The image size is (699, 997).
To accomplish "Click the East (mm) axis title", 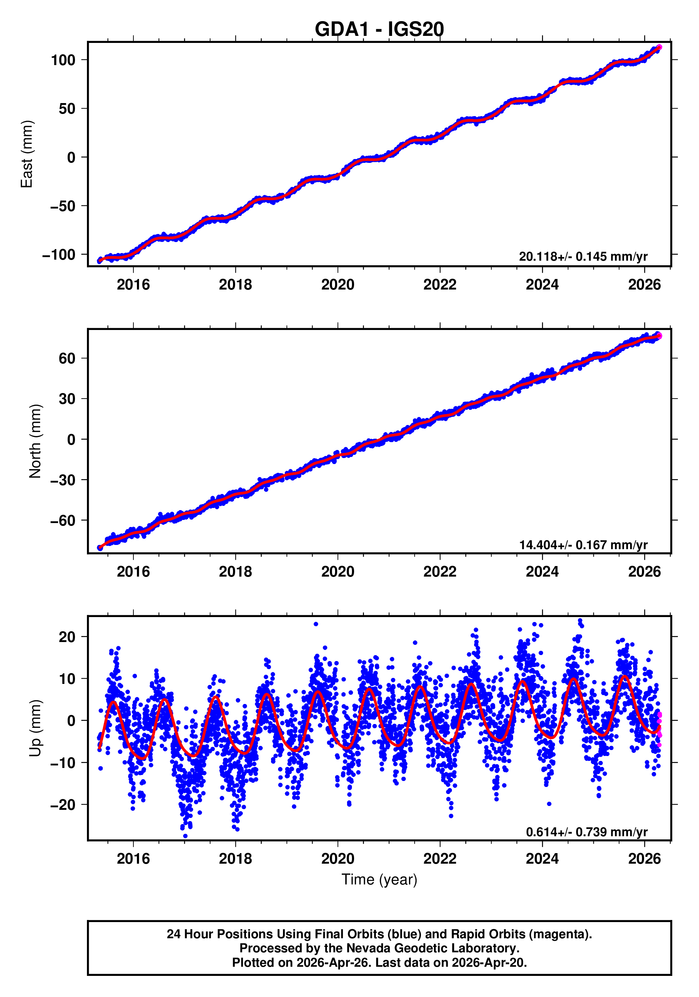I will pyautogui.click(x=27, y=154).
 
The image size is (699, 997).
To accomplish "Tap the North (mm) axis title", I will pyautogui.click(x=35, y=441).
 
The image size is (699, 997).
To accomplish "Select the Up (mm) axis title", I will pyautogui.click(x=35, y=728).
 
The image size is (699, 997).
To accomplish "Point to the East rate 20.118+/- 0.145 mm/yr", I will pyautogui.click(x=582, y=256).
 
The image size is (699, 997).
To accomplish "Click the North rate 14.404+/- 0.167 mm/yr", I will pyautogui.click(x=583, y=545).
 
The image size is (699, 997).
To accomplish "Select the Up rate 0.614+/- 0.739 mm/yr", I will pyautogui.click(x=586, y=832).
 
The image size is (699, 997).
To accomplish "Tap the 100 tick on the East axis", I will pyautogui.click(x=63, y=60).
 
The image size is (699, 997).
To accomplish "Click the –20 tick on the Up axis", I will pyautogui.click(x=63, y=805).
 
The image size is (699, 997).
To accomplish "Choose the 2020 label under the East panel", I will pyautogui.click(x=338, y=285).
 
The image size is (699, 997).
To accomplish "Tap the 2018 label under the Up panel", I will pyautogui.click(x=235, y=858).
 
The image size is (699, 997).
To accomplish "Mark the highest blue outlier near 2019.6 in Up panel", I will pyautogui.click(x=316, y=624).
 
